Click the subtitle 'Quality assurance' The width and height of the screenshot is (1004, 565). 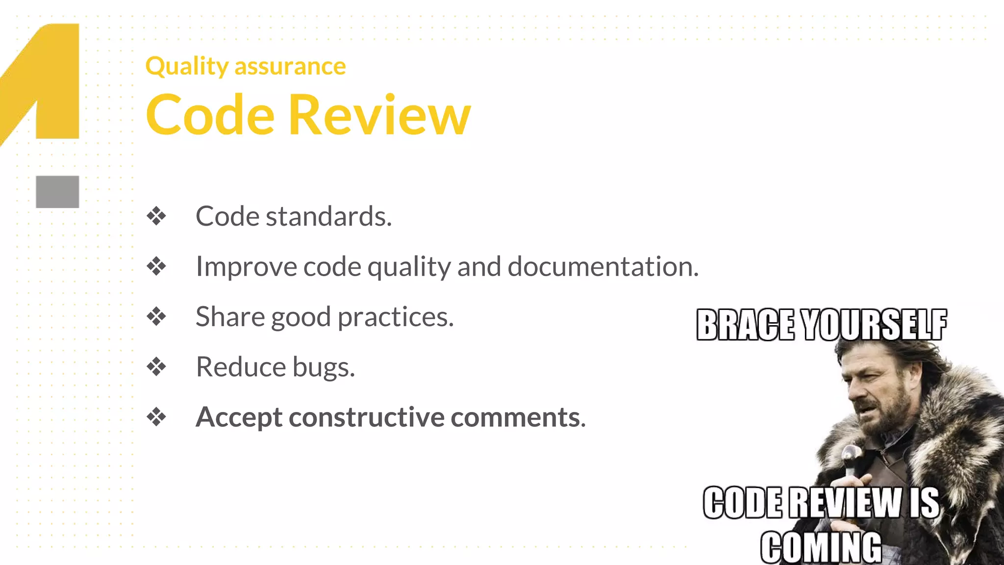point(246,66)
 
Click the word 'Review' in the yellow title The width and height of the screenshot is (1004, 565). point(379,115)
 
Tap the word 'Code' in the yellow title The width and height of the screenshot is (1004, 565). point(210,115)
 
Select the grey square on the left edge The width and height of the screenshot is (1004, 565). point(57,192)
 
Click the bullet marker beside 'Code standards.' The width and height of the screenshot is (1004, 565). point(156,216)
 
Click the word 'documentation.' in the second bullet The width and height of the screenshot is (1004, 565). point(603,266)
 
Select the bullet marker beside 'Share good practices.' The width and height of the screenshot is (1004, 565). point(156,316)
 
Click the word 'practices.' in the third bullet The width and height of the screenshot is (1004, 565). point(396,317)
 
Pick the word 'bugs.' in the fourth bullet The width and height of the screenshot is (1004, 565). point(324,367)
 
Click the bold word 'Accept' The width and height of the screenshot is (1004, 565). point(238,417)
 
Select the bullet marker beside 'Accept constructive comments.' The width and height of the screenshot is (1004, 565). point(156,417)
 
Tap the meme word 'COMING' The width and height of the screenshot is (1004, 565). point(821,547)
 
